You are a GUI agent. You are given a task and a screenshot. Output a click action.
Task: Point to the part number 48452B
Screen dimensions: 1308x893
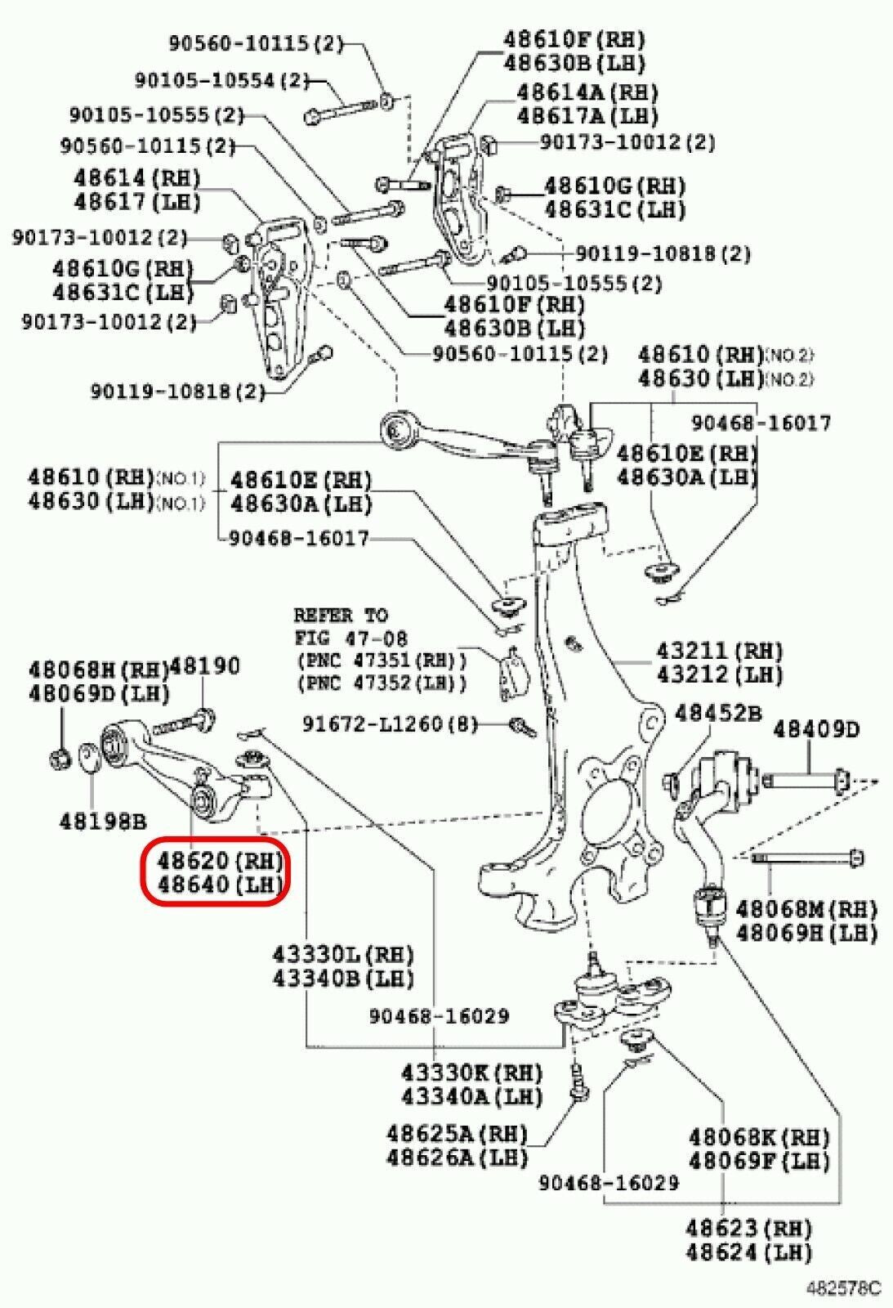[x=717, y=713]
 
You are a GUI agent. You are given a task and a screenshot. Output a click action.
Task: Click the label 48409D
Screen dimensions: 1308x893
[x=817, y=728]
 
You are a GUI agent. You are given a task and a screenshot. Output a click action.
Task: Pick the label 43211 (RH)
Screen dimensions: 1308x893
[x=720, y=651]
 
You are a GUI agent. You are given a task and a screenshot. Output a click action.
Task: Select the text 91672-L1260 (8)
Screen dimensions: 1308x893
[x=395, y=723]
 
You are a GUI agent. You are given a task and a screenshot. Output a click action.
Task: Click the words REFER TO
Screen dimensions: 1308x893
[x=342, y=614]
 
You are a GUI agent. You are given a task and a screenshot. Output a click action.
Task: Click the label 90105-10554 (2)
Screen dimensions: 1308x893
[x=222, y=79]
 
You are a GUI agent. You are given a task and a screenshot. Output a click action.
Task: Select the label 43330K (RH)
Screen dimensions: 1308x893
[x=471, y=1072]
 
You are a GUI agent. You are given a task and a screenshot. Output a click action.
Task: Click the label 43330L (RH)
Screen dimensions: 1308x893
[x=343, y=954]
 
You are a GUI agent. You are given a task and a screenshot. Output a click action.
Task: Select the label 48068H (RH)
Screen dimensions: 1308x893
[x=99, y=670]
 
